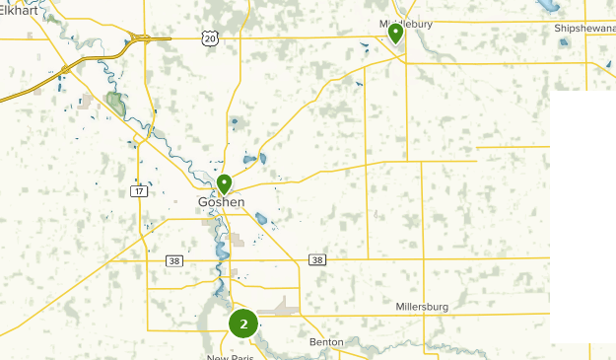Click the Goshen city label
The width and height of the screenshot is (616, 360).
[221, 202]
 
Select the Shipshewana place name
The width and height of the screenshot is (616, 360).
[584, 29]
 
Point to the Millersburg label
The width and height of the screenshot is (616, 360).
[422, 307]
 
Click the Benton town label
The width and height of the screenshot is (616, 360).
[326, 342]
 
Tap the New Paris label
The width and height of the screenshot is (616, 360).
[230, 357]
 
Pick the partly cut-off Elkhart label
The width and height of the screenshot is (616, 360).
[20, 9]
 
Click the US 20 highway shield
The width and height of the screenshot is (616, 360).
[208, 37]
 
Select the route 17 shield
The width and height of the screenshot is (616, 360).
[139, 190]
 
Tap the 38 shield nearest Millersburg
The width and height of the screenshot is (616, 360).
[316, 260]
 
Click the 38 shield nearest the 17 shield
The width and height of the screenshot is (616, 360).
[174, 260]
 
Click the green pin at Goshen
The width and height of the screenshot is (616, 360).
[225, 183]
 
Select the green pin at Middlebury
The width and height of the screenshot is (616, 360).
[395, 34]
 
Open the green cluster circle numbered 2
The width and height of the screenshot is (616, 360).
[243, 324]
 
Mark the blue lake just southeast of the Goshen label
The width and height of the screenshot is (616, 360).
[261, 219]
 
